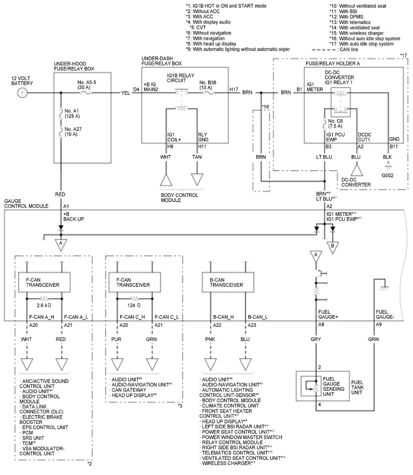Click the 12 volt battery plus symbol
pyautogui.click(x=22, y=93)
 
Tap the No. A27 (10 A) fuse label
pyautogui.click(x=73, y=131)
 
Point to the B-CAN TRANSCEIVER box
pyautogui.click(x=228, y=282)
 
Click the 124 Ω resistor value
pyautogui.click(x=134, y=305)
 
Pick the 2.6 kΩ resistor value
pyautogui.click(x=44, y=305)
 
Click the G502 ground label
pyautogui.click(x=387, y=175)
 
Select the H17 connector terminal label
pyautogui.click(x=234, y=89)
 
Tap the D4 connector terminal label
pyautogui.click(x=136, y=89)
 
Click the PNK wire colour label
pyautogui.click(x=210, y=339)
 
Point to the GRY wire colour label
pyautogui.click(x=316, y=339)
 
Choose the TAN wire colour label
pyautogui.click(x=197, y=157)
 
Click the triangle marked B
pyautogui.click(x=332, y=247)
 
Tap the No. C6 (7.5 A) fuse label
pyautogui.click(x=335, y=124)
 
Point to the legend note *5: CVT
pyautogui.click(x=198, y=28)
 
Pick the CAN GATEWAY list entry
pyautogui.click(x=128, y=390)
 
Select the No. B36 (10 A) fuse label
pyautogui.click(x=208, y=85)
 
